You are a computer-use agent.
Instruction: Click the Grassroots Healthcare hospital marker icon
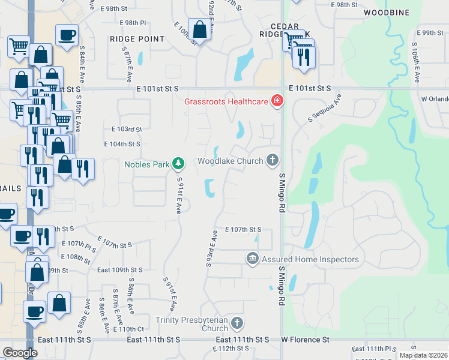[x=277, y=101]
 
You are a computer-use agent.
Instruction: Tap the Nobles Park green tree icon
[x=178, y=163]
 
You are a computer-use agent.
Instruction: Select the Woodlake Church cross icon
[x=273, y=160]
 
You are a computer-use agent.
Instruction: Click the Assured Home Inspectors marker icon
[x=252, y=259]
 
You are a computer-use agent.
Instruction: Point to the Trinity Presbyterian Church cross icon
[x=237, y=323]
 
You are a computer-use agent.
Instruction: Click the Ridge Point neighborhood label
[x=137, y=39]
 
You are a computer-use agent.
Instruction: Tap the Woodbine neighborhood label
[x=387, y=12]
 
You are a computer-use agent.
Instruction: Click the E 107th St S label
[x=243, y=230]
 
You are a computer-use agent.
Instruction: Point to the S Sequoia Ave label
[x=324, y=109]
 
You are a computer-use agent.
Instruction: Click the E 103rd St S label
[x=126, y=130]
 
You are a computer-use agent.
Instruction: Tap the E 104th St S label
[x=122, y=144]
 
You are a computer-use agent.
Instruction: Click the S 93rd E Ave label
[x=211, y=248]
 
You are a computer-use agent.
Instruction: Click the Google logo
[x=20, y=353]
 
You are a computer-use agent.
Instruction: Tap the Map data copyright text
[x=423, y=355]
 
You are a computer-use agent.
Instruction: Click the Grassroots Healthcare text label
[x=226, y=101]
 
